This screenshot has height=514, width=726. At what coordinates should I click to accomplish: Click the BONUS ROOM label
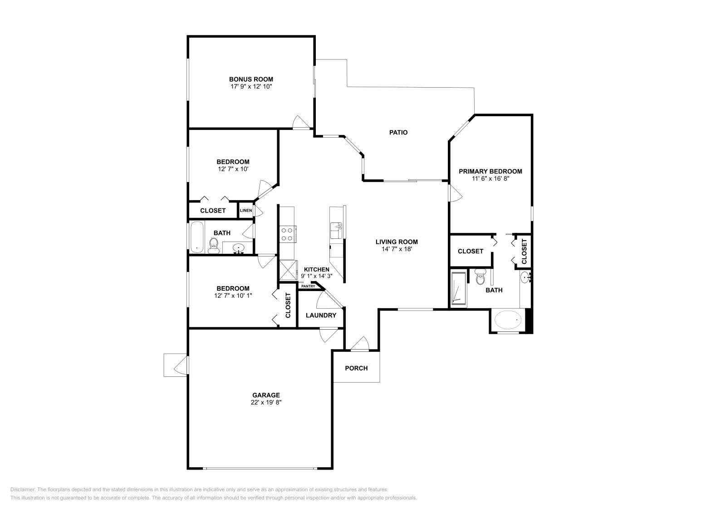click(x=251, y=79)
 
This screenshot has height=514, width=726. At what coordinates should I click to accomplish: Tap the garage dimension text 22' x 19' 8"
click(x=266, y=402)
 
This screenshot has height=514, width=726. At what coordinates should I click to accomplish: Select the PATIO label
click(x=398, y=133)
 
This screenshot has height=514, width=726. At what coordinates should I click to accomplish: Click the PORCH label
click(x=356, y=368)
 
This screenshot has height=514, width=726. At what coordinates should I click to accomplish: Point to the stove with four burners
click(x=287, y=234)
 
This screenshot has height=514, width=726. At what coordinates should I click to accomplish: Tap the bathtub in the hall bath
click(x=197, y=237)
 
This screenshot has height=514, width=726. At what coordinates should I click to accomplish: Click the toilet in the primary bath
click(x=480, y=277)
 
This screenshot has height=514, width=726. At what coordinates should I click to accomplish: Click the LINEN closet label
click(x=246, y=210)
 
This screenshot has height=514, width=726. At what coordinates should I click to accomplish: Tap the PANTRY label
click(x=308, y=286)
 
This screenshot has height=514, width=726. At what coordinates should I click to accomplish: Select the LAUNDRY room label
click(x=321, y=315)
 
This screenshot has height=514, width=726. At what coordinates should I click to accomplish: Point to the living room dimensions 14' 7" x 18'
click(x=397, y=249)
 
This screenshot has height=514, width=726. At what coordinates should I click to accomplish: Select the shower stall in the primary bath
click(x=459, y=289)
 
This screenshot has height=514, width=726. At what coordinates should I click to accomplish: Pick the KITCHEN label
click(x=317, y=269)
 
